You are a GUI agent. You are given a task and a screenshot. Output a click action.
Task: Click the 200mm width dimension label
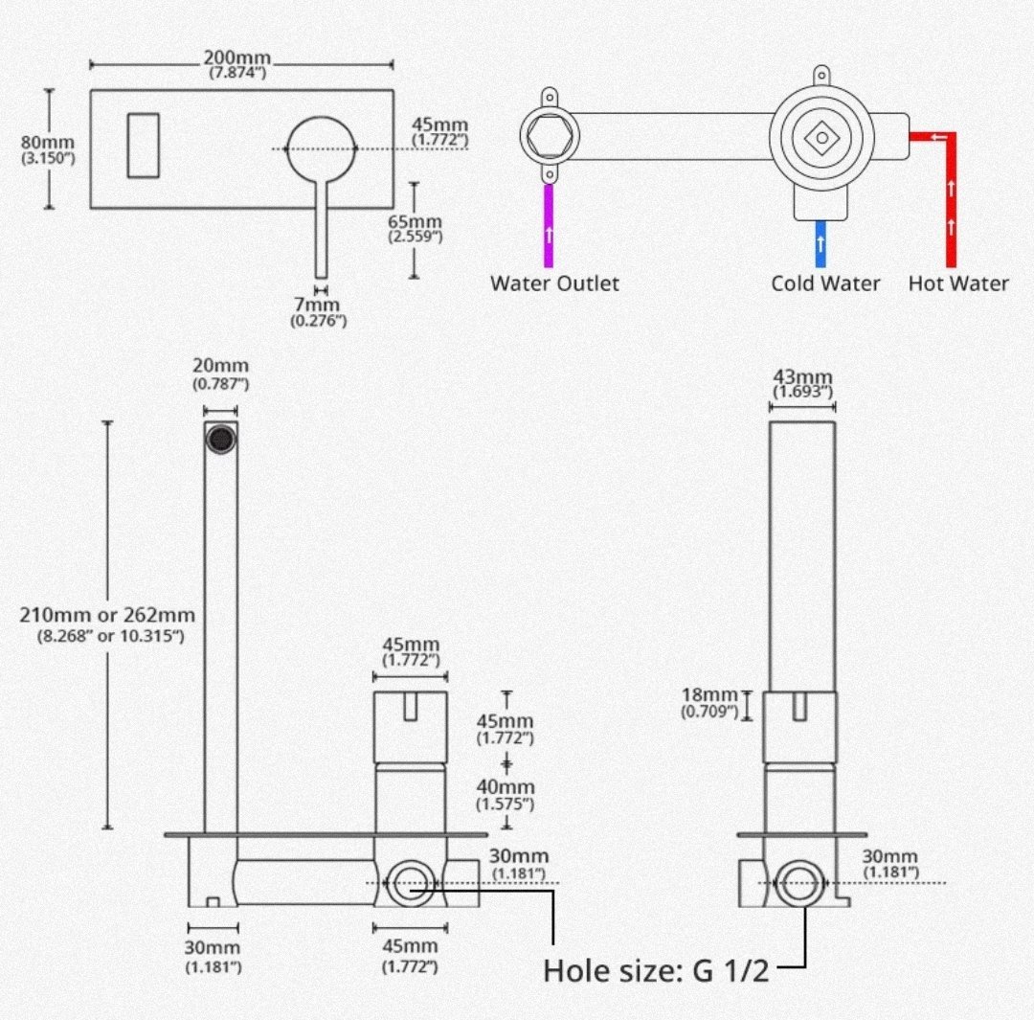(x=237, y=65)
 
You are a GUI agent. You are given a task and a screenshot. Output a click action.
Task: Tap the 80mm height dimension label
(x=48, y=149)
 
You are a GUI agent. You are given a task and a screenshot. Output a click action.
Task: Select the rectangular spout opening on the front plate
(x=143, y=146)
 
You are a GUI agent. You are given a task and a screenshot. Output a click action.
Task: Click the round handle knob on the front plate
(x=321, y=149)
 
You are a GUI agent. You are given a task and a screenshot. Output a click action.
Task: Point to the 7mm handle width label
(x=318, y=312)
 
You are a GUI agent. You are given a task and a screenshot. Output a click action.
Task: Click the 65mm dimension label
(x=415, y=228)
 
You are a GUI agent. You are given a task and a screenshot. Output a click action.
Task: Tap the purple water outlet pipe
(x=549, y=226)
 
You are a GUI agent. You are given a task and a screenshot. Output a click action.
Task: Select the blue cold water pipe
(x=820, y=243)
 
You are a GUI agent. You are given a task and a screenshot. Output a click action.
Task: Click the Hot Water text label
(x=958, y=283)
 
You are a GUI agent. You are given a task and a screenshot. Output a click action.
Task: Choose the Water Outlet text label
(x=554, y=283)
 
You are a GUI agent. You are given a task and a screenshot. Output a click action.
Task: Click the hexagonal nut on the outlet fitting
(x=550, y=137)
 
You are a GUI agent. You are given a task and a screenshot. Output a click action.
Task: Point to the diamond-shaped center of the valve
(x=821, y=138)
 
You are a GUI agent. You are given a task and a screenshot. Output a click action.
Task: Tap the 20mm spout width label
(x=220, y=374)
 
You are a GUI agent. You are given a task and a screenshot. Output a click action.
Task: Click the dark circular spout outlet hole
(x=221, y=439)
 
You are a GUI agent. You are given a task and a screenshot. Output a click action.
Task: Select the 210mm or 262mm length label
(x=107, y=624)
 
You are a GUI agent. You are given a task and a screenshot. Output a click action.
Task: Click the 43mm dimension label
(x=802, y=384)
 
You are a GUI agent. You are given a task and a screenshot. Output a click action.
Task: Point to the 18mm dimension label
(x=709, y=703)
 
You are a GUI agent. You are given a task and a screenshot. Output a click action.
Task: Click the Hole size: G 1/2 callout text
(x=656, y=970)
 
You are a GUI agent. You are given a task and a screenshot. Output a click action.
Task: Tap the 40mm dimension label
(x=506, y=794)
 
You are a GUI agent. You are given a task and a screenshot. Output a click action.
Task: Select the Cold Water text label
(x=825, y=283)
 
